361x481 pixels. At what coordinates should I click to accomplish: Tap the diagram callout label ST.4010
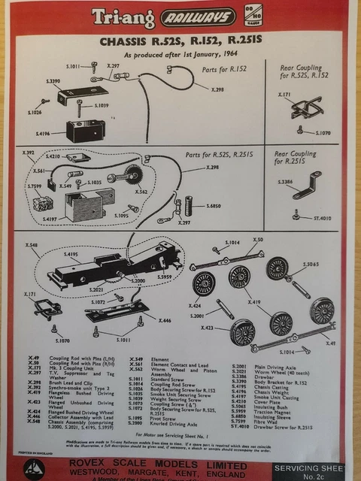point(324,219)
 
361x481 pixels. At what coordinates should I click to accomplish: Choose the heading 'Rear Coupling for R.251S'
point(300,158)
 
